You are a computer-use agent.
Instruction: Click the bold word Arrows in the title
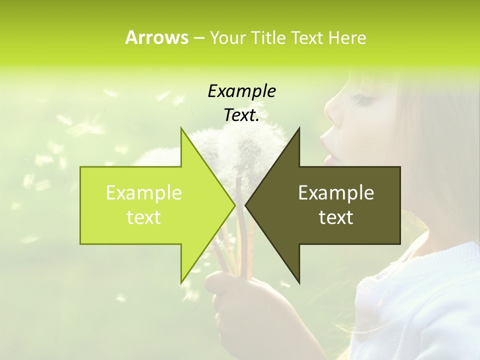pyautogui.click(x=156, y=37)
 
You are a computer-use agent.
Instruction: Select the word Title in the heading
pyautogui.click(x=269, y=37)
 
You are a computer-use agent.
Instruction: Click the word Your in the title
pyautogui.click(x=227, y=37)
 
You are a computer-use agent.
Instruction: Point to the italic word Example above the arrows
pyautogui.click(x=241, y=91)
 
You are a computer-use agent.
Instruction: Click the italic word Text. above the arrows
pyautogui.click(x=241, y=115)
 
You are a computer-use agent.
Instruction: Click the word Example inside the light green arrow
pyautogui.click(x=143, y=193)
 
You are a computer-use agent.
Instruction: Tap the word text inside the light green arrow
pyautogui.click(x=143, y=217)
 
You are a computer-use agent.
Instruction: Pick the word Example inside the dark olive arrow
pyautogui.click(x=336, y=193)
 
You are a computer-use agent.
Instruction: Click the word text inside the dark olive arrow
pyautogui.click(x=336, y=217)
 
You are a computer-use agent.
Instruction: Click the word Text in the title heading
pyautogui.click(x=308, y=37)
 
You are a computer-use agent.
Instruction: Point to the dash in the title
pyautogui.click(x=198, y=38)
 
